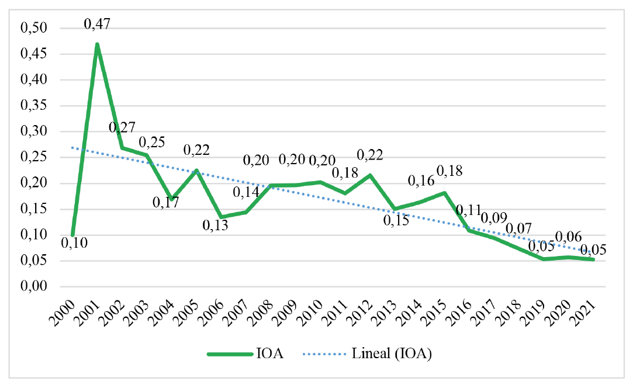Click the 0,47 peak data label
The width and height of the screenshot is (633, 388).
(97, 25)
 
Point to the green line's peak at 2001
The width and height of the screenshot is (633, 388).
(97, 44)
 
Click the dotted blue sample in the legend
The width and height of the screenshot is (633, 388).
(324, 354)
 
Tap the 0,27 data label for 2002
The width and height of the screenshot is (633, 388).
(123, 128)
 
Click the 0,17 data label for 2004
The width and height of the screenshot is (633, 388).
(167, 203)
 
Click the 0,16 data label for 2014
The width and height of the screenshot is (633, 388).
(421, 181)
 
